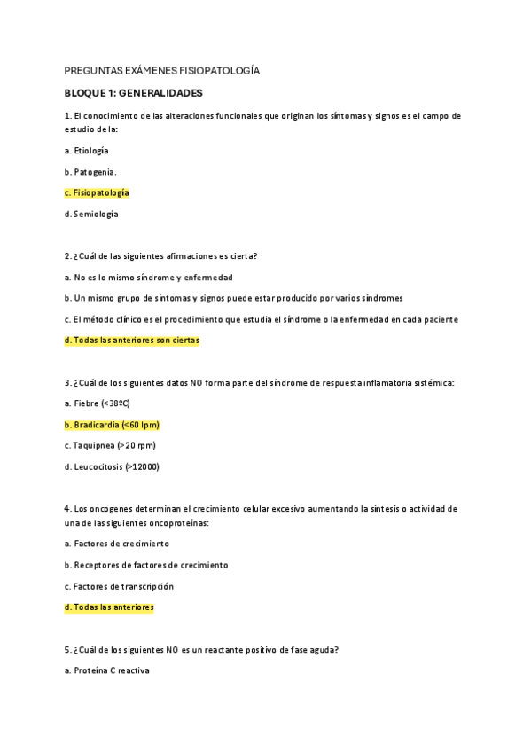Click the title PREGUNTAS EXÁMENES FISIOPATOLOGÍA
(x=162, y=70)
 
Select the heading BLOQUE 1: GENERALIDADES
(x=134, y=92)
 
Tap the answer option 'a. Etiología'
(x=87, y=150)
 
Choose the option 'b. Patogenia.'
(x=90, y=171)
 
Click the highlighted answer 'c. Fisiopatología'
(x=97, y=192)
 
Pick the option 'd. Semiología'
(x=91, y=214)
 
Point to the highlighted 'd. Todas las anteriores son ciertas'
(x=132, y=340)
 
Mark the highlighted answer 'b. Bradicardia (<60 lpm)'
(x=112, y=425)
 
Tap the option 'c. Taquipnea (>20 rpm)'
(x=104, y=445)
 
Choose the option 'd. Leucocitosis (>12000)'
(x=112, y=466)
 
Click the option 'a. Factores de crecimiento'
(x=117, y=544)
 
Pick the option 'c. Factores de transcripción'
(x=119, y=586)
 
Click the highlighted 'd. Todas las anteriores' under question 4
(x=109, y=607)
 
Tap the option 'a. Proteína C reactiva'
(x=107, y=670)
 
